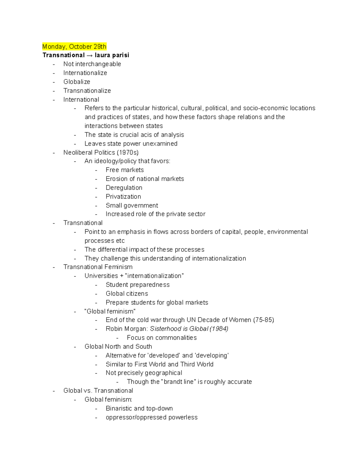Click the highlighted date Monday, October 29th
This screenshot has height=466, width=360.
74,47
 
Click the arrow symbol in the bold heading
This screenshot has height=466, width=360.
90,55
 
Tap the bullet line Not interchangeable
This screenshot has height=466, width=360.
92,64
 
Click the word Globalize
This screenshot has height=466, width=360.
76,82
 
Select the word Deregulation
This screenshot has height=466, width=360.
124,188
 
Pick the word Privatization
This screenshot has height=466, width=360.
123,197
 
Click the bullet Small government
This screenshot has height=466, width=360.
132,206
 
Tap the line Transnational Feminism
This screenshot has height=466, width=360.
98,267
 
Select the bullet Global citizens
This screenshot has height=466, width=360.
127,293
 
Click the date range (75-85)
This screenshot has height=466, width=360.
263,320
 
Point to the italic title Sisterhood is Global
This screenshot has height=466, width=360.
179,329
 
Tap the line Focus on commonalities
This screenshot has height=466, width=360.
162,338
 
